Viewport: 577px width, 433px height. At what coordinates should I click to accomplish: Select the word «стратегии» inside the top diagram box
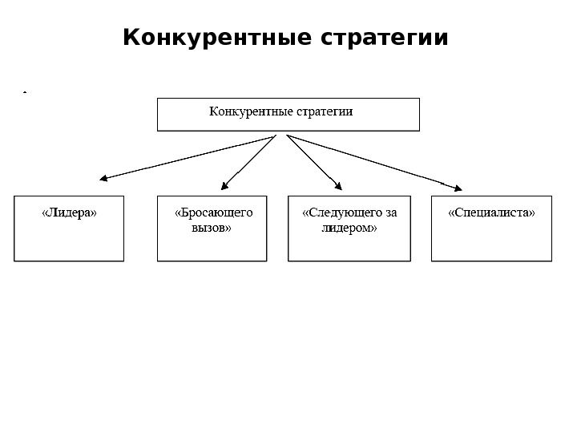[325, 111]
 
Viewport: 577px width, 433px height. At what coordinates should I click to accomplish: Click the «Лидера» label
[69, 213]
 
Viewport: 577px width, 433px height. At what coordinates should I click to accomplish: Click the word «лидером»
[349, 228]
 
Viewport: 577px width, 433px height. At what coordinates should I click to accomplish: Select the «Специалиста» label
[491, 213]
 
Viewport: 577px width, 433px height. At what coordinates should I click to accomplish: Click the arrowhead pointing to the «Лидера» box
[103, 179]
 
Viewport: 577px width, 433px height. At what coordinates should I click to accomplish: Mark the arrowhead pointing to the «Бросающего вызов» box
[224, 186]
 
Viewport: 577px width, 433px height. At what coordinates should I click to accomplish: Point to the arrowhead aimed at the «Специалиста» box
[458, 188]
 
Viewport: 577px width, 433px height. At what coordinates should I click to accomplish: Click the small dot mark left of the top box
[25, 93]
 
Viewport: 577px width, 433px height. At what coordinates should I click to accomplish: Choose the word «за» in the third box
[390, 212]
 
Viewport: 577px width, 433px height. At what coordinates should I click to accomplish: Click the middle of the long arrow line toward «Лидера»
[188, 157]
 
